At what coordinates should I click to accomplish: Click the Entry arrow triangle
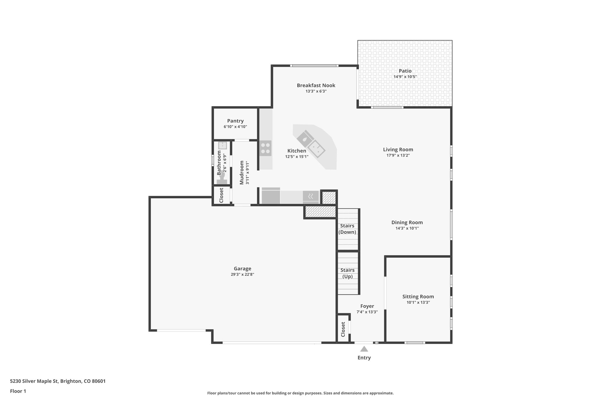tap(364, 349)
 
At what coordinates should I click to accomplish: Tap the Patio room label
tap(405, 71)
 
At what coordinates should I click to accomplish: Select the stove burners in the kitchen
tap(265, 148)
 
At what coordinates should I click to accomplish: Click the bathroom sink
tap(222, 145)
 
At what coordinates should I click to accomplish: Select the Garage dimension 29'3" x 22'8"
tap(242, 274)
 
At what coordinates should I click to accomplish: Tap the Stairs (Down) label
tap(347, 229)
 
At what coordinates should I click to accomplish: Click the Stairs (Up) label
tap(347, 273)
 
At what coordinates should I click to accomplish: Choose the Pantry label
tap(235, 121)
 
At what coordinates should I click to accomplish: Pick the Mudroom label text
tap(242, 172)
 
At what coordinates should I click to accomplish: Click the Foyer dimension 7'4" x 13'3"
tap(367, 312)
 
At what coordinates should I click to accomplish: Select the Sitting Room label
tap(418, 296)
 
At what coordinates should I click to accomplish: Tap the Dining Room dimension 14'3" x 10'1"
tap(407, 228)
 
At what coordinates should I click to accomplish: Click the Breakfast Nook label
tap(316, 85)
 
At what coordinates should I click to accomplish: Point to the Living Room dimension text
tap(398, 155)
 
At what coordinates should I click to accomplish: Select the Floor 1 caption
tap(18, 391)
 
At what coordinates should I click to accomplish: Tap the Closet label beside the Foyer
tap(343, 330)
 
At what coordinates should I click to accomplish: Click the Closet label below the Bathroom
tap(221, 195)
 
